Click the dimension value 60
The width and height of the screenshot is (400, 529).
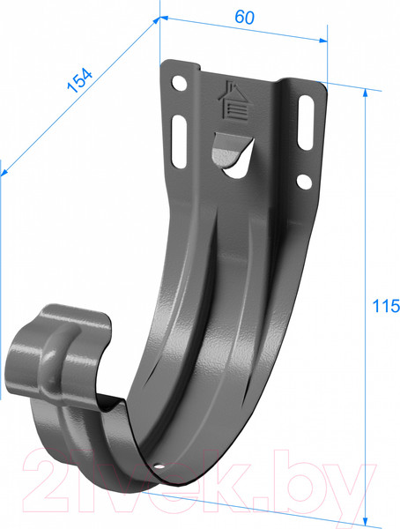(241, 16)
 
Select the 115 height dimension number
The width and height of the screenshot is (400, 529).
(386, 307)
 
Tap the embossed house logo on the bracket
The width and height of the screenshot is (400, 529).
(233, 100)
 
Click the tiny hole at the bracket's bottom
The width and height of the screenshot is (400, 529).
(159, 465)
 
